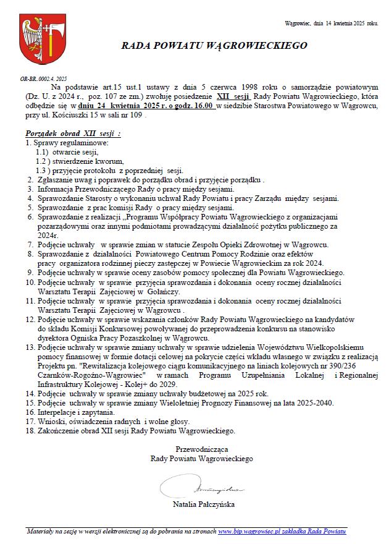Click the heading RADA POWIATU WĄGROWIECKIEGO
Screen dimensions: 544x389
point(206,46)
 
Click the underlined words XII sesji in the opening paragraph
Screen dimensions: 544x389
point(233,98)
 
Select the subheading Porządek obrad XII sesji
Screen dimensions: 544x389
point(73,134)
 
